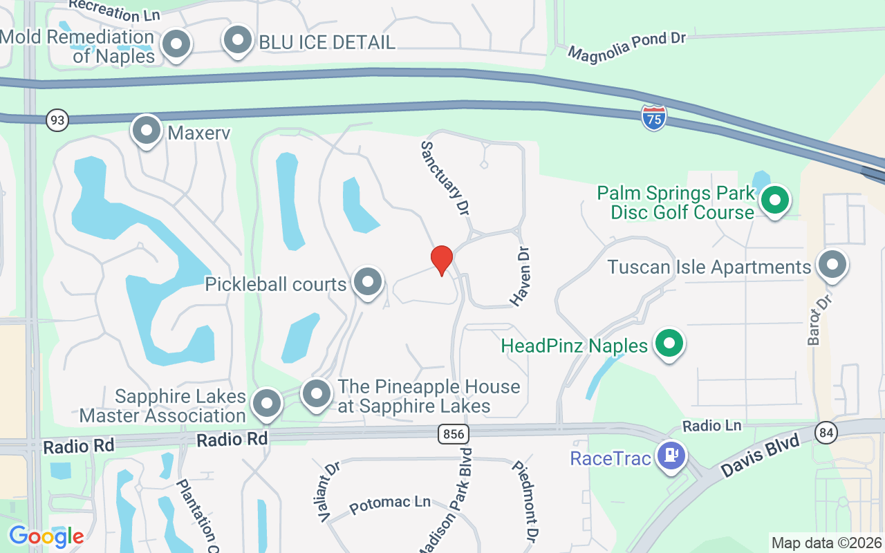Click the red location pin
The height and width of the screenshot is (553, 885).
coord(442,261)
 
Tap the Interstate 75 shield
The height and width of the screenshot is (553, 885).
coord(653,118)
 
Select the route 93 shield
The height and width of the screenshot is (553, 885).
coord(58,120)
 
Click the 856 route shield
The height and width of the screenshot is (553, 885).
coord(454,434)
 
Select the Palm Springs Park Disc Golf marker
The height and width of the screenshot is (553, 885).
coord(775,200)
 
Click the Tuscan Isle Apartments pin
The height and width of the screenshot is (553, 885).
coord(832,265)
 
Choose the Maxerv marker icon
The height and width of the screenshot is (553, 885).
coord(147,130)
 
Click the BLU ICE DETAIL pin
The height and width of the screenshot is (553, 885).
coord(238,40)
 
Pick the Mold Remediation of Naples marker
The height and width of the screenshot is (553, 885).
coord(176,44)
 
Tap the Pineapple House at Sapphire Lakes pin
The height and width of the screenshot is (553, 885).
coord(317,394)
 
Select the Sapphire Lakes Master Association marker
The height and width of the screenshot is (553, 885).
coord(267,404)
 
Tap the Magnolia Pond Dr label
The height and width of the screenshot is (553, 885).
coord(626,45)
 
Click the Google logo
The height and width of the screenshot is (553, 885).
coord(46,536)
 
